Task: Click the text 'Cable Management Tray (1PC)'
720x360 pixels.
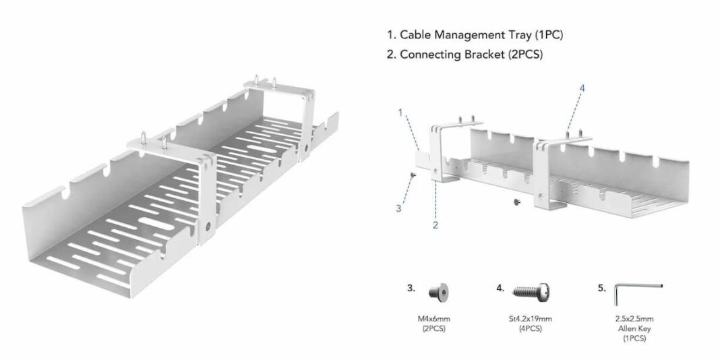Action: click(479, 34)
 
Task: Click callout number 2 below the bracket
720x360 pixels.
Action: click(436, 225)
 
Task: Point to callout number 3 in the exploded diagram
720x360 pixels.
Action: click(398, 208)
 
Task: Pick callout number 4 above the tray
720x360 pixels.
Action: click(583, 88)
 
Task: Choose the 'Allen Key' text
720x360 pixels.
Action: click(634, 328)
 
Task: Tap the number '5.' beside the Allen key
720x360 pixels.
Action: click(602, 288)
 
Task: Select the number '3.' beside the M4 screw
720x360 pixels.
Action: click(411, 288)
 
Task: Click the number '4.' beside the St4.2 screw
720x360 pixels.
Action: click(500, 288)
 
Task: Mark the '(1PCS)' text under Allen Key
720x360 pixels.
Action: click(634, 338)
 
